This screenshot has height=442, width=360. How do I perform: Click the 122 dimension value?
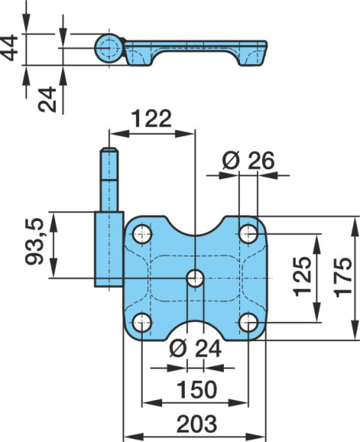point(151,119)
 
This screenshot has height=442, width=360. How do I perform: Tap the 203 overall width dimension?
point(197,424)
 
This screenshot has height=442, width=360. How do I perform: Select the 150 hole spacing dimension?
point(197,389)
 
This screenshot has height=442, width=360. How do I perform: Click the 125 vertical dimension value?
point(303,277)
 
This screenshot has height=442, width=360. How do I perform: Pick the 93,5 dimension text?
point(35,242)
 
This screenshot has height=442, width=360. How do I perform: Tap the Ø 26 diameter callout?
point(248,161)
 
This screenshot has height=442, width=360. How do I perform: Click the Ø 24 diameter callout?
point(195,348)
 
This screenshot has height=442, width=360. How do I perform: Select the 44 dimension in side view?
point(9,48)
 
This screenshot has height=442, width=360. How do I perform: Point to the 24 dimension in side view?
point(47,99)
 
